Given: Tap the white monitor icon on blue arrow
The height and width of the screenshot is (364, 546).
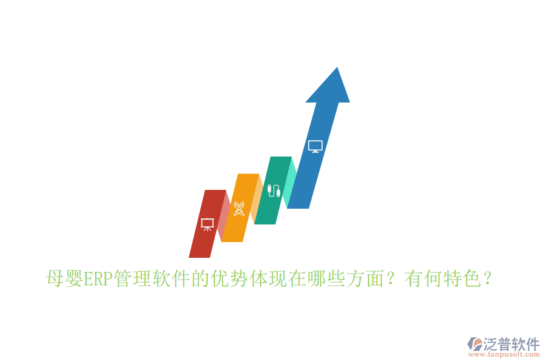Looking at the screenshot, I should pyautogui.click(x=315, y=146).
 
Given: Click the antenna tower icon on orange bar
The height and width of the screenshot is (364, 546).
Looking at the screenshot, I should pyautogui.click(x=238, y=208).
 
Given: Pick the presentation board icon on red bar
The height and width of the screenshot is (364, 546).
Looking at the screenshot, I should pyautogui.click(x=207, y=224).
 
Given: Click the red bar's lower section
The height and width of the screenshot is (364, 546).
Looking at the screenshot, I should pyautogui.click(x=201, y=246).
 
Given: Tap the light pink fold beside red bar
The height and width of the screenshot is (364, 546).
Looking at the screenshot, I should pyautogui.click(x=224, y=215).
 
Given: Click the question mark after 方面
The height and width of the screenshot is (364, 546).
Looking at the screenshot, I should pyautogui.click(x=392, y=280).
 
